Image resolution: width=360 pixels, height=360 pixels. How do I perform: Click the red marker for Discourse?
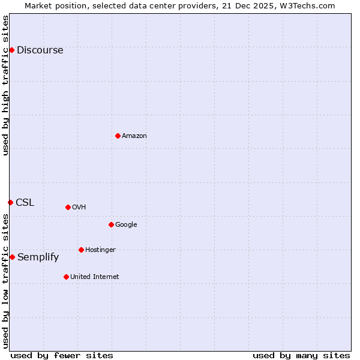11,50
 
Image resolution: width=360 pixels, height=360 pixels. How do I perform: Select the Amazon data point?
118,136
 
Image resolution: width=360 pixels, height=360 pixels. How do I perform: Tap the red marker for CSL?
10,202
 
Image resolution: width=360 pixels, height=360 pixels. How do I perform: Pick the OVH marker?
68,207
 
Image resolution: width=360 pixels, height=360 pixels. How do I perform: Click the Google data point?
111,224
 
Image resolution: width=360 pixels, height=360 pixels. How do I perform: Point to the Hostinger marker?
81,250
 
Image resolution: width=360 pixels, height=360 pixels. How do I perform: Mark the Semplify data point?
12,257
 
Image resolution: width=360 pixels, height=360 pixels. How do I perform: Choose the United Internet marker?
66,277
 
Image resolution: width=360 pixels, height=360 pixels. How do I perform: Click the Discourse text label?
40,50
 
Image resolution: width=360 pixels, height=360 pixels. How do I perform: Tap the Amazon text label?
134,136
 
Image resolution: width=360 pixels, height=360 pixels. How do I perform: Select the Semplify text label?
38,257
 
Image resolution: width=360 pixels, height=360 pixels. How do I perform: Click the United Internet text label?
94,277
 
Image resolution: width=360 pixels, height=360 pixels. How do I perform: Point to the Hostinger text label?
100,250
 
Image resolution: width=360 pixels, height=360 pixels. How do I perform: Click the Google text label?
126,224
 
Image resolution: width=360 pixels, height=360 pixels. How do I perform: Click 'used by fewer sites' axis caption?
62,355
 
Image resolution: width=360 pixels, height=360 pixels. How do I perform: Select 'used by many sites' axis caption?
301,355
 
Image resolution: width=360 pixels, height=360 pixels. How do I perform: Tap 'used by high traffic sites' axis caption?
5,85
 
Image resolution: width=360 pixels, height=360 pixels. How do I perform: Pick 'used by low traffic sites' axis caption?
5,281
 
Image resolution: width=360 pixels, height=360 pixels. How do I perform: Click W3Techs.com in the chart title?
310,5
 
